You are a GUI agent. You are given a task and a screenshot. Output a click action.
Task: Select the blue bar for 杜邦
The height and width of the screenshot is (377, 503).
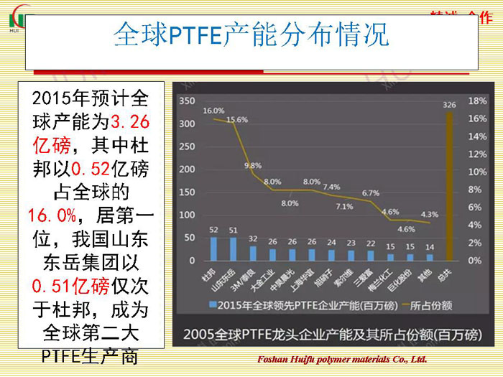(213, 248)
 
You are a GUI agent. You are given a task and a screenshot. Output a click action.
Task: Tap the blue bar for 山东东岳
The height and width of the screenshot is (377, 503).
(233, 248)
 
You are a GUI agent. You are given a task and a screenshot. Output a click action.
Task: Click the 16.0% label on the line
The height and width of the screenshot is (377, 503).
(213, 111)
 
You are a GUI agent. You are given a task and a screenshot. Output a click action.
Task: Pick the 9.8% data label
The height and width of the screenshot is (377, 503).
(253, 165)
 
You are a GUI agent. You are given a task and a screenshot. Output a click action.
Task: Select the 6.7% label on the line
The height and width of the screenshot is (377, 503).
(371, 192)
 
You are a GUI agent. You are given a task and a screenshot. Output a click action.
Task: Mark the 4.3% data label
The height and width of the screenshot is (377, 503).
(429, 214)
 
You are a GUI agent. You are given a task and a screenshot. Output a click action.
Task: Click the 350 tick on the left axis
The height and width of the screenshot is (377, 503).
(185, 101)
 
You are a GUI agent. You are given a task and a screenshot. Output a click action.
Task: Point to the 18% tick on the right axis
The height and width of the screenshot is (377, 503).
(477, 101)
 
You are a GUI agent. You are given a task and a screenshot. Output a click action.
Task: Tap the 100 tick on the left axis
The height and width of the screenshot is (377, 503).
(185, 215)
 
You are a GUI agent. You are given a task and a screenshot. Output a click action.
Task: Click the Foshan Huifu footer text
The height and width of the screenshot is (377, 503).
(341, 359)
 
